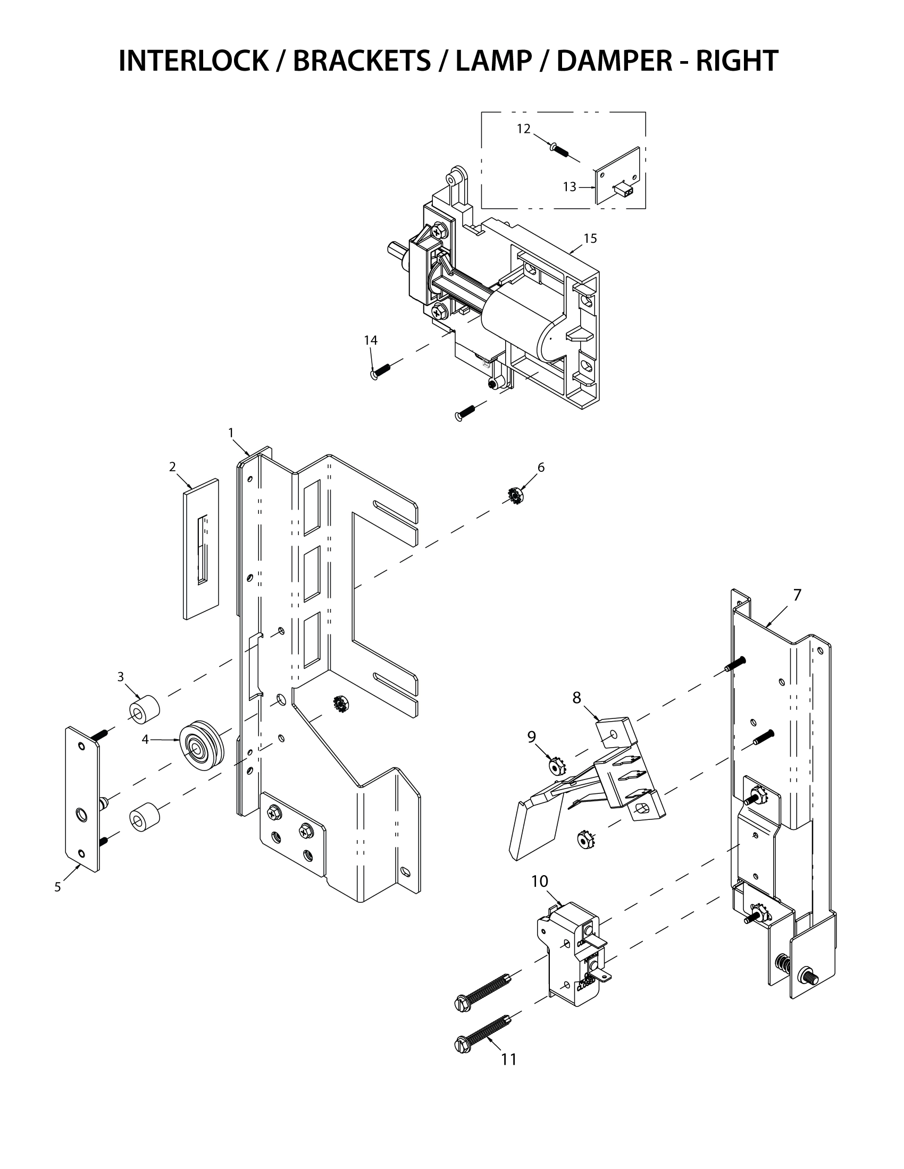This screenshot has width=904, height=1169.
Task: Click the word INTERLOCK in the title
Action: pyautogui.click(x=194, y=61)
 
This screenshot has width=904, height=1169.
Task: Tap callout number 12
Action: pyautogui.click(x=523, y=129)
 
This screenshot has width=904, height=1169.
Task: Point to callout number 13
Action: pyautogui.click(x=570, y=187)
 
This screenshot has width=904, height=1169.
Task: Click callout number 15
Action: pyautogui.click(x=590, y=239)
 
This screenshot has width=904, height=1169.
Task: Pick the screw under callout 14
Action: pyautogui.click(x=381, y=370)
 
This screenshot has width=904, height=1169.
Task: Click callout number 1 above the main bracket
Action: pyautogui.click(x=231, y=433)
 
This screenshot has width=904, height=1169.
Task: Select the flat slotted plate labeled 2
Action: pyautogui.click(x=202, y=549)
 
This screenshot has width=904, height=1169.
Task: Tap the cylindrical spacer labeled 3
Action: pyautogui.click(x=145, y=709)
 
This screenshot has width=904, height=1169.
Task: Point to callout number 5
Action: pyautogui.click(x=58, y=887)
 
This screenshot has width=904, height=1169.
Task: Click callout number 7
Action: pyautogui.click(x=797, y=595)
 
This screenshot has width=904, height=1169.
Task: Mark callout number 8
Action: pyautogui.click(x=577, y=698)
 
